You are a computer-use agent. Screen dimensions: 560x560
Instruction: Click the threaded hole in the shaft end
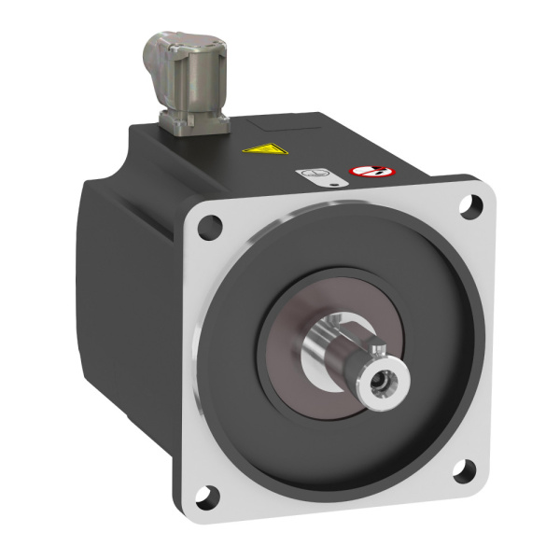coord(382,382)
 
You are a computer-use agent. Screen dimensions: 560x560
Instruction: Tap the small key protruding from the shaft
coord(378,348)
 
